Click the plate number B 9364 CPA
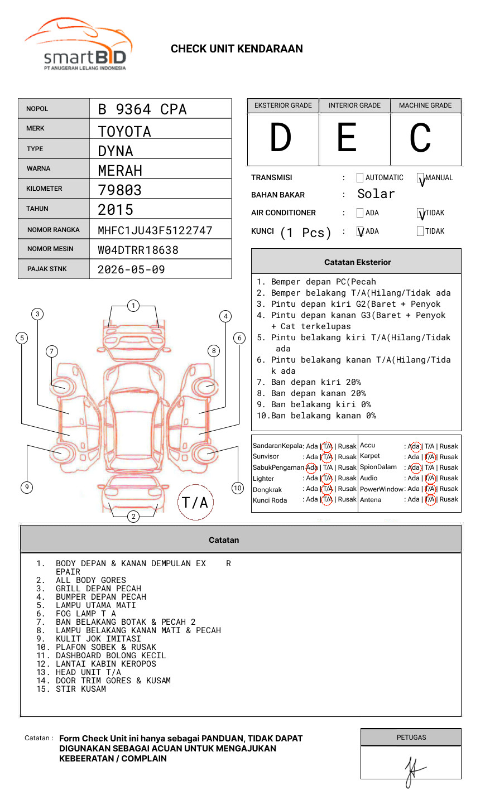click(x=142, y=109)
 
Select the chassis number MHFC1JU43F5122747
click(x=155, y=230)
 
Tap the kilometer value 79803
click(x=119, y=190)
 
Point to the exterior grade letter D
click(x=281, y=138)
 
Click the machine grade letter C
click(x=420, y=138)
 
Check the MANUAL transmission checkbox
click(x=421, y=179)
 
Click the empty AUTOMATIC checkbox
click(x=360, y=178)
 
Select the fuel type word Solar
click(x=376, y=194)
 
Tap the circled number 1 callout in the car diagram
click(x=133, y=305)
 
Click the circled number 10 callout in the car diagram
click(x=238, y=488)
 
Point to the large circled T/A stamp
click(x=195, y=503)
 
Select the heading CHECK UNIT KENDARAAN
click(x=237, y=49)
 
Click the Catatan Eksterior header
click(x=357, y=262)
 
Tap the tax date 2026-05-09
click(x=131, y=269)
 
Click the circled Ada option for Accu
click(x=415, y=446)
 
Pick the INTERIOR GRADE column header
click(x=354, y=105)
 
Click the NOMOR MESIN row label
click(x=50, y=249)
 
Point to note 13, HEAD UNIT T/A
click(x=88, y=672)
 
